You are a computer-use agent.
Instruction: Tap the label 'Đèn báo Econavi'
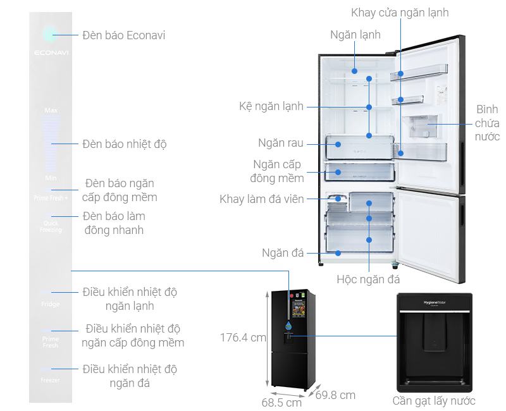coord(124,35)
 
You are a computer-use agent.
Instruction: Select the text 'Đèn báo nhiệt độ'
coord(125,144)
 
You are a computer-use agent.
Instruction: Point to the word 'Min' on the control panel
coord(51,178)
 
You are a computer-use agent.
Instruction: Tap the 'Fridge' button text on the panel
coord(51,304)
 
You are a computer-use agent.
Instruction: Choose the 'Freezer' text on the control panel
coord(51,380)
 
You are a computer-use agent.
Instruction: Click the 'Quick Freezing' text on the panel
coord(51,226)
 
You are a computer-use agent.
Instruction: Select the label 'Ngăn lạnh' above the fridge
coord(355,35)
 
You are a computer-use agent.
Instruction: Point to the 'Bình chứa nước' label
coord(487,123)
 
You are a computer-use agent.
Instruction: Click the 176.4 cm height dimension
coord(243,338)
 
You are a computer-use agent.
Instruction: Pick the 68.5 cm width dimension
coord(281,402)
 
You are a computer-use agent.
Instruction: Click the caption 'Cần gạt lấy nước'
coord(433,401)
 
